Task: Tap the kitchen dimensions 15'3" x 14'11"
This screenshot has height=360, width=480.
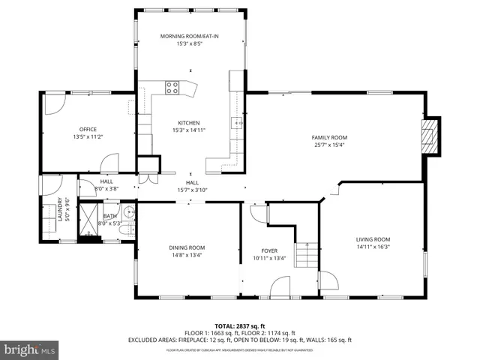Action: click(x=188, y=130)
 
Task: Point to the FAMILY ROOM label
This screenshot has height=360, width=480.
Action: click(x=330, y=137)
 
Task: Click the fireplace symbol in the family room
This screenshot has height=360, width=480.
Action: click(x=429, y=136)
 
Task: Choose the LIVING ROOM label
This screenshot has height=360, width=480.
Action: click(x=373, y=239)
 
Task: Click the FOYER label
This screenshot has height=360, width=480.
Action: click(x=269, y=252)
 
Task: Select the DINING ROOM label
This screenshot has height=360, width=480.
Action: click(x=187, y=247)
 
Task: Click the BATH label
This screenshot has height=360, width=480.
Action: click(x=109, y=217)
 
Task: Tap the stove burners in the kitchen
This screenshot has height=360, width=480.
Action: click(x=172, y=85)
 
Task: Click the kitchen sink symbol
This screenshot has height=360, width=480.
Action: click(x=238, y=122)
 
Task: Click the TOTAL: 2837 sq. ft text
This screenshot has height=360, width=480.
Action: click(x=240, y=325)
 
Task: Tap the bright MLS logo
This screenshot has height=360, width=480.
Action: click(x=30, y=349)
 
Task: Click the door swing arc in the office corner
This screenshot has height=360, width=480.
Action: click(x=55, y=103)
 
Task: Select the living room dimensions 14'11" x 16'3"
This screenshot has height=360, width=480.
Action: click(x=373, y=247)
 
